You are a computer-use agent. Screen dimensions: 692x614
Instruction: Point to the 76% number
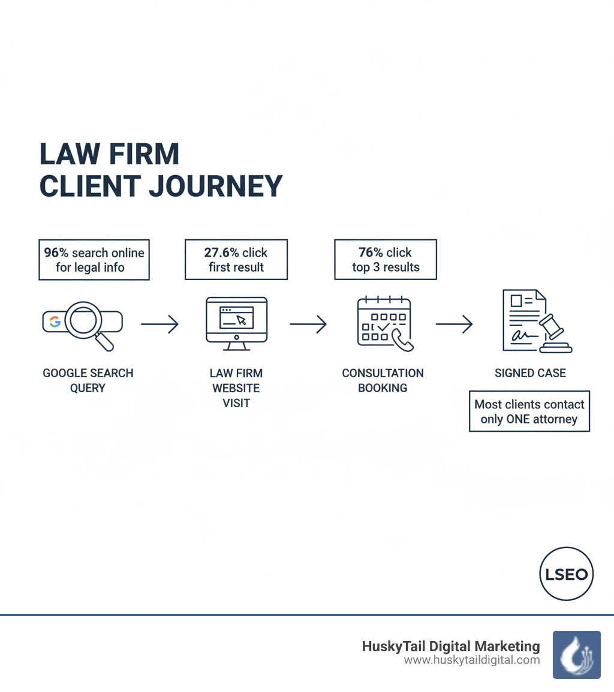click(x=371, y=252)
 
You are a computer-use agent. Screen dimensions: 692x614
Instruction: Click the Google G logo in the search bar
click(x=55, y=321)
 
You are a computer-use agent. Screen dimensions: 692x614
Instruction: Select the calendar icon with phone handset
click(x=384, y=323)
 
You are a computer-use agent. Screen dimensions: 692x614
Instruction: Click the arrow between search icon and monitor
click(x=159, y=324)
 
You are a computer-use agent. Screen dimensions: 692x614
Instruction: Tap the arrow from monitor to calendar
click(x=308, y=324)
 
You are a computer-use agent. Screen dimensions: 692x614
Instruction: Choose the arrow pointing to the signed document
click(x=454, y=324)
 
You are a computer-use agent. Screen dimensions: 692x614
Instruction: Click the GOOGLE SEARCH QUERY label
click(x=88, y=380)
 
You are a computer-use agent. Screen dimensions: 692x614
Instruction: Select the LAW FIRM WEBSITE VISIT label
click(x=236, y=388)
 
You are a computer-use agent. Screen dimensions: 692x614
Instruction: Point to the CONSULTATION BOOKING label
click(x=383, y=380)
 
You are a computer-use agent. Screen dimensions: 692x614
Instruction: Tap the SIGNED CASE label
click(x=530, y=373)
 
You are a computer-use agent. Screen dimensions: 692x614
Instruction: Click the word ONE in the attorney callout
click(x=518, y=419)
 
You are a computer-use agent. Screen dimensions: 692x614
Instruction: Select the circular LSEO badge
click(x=566, y=574)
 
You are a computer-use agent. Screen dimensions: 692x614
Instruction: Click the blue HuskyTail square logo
click(x=576, y=654)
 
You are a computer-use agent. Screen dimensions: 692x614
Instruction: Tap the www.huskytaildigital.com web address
click(x=471, y=660)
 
